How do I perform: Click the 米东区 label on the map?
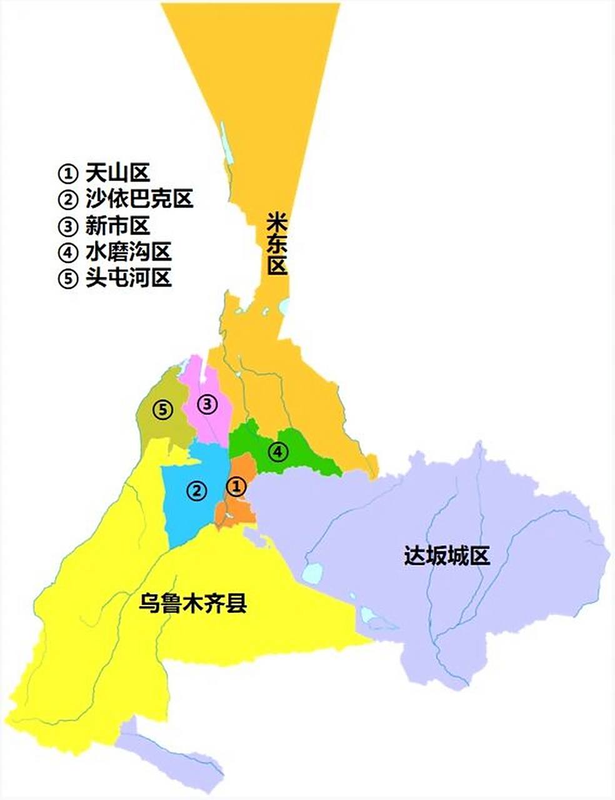pyautogui.click(x=277, y=244)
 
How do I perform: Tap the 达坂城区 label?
pyautogui.click(x=446, y=554)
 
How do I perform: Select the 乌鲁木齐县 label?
pyautogui.click(x=192, y=604)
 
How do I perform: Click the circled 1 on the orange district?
pyautogui.click(x=236, y=486)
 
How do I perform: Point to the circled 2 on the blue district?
pyautogui.click(x=196, y=490)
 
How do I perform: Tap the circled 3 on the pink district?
pyautogui.click(x=207, y=404)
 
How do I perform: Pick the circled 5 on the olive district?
pyautogui.click(x=162, y=410)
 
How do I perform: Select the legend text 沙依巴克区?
pyautogui.click(x=139, y=199)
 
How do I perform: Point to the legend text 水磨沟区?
pyautogui.click(x=128, y=252)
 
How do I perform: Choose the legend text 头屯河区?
pyautogui.click(x=128, y=278)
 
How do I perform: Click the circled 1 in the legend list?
pyautogui.click(x=67, y=173)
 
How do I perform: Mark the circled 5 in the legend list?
pyautogui.click(x=67, y=279)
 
